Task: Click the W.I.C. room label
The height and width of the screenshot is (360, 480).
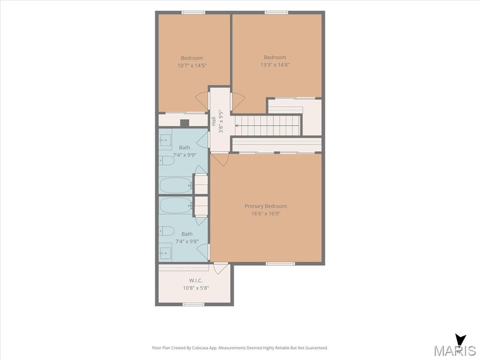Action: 195,280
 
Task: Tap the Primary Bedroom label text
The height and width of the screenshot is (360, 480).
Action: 266,206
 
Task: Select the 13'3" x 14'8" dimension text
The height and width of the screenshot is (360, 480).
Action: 275,65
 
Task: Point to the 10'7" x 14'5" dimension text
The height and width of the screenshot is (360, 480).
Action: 192,66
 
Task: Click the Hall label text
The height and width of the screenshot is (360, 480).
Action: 214,121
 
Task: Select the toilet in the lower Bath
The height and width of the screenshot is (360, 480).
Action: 166,231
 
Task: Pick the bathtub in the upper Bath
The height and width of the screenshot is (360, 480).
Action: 176,186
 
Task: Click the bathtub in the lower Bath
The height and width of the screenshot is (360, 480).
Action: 176,205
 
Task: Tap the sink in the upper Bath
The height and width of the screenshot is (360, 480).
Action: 165,140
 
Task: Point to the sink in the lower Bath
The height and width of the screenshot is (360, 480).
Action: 165,253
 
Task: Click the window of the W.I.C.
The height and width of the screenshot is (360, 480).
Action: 193,304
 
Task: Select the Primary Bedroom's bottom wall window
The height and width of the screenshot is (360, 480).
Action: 280,263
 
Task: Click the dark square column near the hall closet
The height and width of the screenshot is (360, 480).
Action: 185,123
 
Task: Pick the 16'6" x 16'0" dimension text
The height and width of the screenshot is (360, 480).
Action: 266,214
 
